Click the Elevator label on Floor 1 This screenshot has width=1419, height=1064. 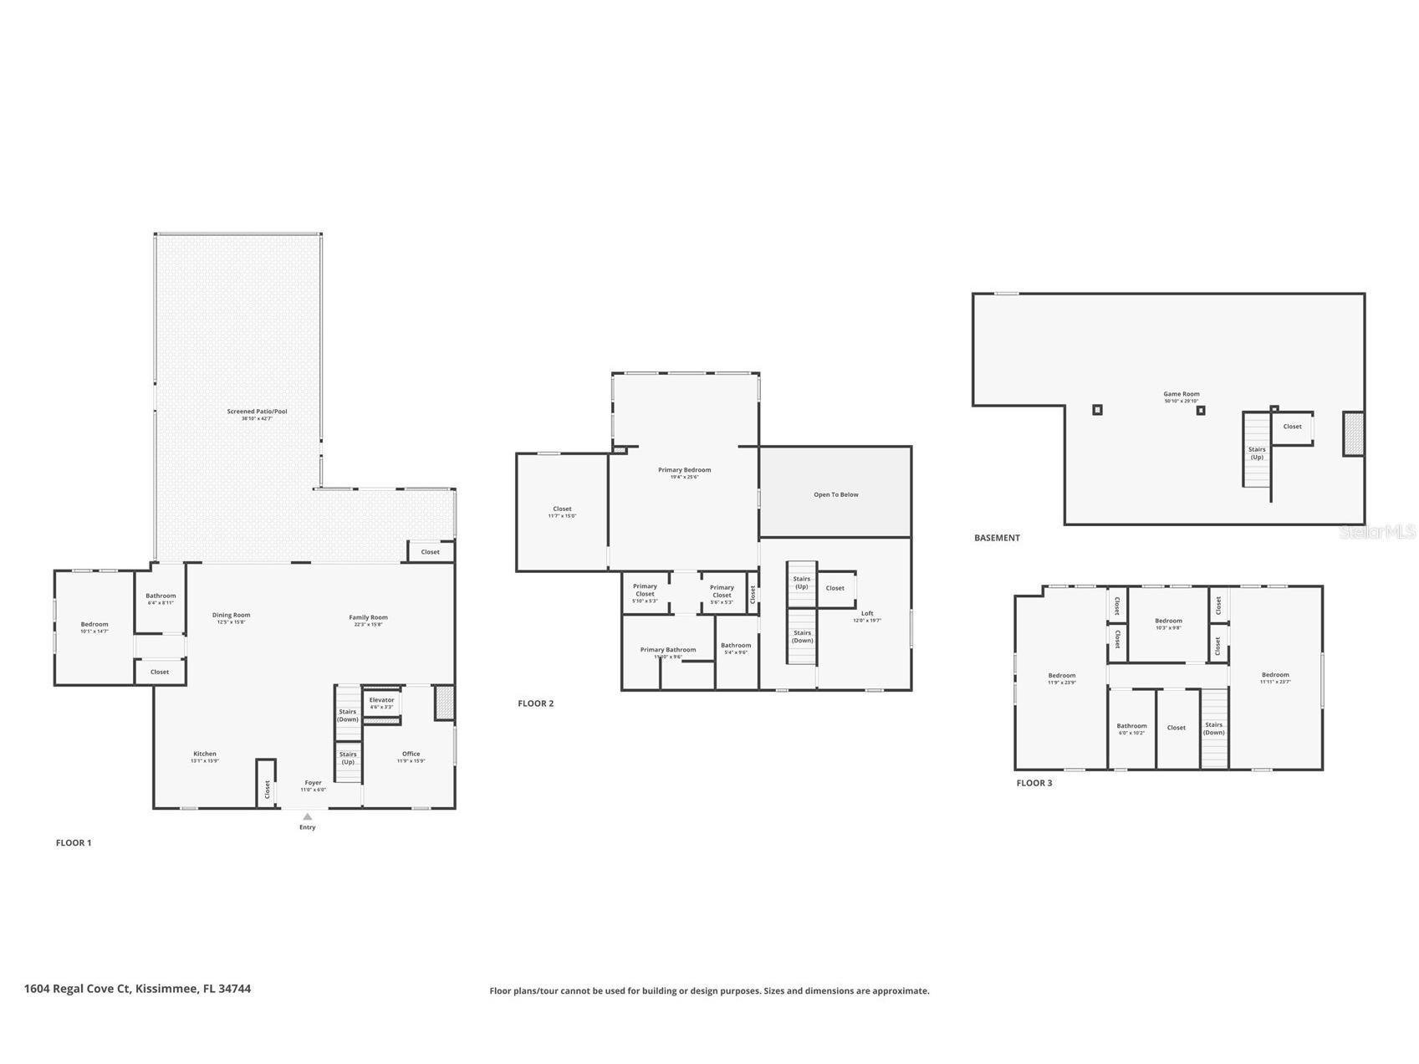[x=381, y=700]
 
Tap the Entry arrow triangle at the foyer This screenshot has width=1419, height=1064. [x=308, y=816]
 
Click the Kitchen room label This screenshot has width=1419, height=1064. [x=205, y=754]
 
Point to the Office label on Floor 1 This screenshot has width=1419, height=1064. [x=411, y=754]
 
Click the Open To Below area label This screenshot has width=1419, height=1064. [x=835, y=494]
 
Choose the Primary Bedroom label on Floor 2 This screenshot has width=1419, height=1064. [x=684, y=470]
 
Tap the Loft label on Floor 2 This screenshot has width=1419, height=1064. [x=867, y=614]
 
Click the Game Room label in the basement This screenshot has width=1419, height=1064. [x=1181, y=394]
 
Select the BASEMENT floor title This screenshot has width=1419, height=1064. [x=997, y=538]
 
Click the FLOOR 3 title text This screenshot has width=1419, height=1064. [x=1034, y=783]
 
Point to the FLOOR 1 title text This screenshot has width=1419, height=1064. [x=74, y=842]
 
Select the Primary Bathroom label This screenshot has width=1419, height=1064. [x=667, y=650]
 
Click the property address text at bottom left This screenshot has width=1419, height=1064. [x=137, y=989]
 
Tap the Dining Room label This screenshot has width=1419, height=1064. [x=231, y=615]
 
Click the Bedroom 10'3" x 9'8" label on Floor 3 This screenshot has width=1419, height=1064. [x=1168, y=621]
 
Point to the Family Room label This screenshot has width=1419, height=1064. [x=368, y=617]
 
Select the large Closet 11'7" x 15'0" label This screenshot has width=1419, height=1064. [x=562, y=509]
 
